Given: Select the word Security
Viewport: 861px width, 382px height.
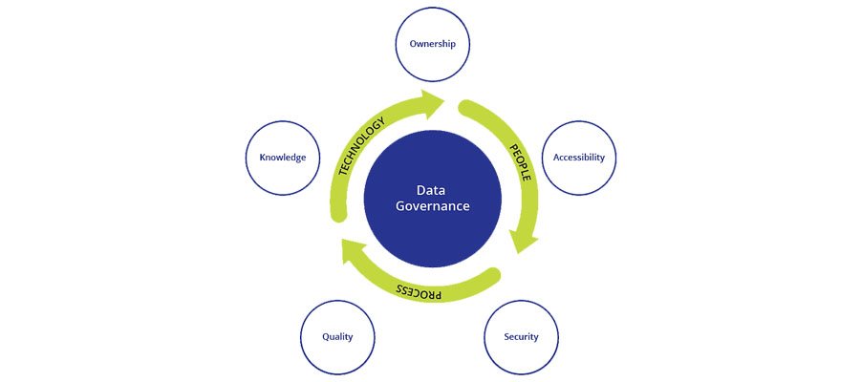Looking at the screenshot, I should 522,336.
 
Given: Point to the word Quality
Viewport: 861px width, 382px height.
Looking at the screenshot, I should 337,336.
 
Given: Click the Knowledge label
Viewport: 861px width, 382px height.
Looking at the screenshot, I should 275,157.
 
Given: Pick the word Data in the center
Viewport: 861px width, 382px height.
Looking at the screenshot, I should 431,189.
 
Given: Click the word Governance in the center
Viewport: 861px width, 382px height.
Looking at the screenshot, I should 431,206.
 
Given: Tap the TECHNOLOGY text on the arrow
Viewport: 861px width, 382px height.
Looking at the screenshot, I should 361,146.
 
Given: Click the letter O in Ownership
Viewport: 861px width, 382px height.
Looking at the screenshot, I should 413,44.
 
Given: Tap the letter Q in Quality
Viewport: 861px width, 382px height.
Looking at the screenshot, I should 325,336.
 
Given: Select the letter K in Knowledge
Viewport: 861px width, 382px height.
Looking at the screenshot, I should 249,157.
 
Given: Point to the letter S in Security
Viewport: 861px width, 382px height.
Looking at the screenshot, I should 507,336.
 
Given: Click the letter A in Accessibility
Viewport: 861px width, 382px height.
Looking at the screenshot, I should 546,157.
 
